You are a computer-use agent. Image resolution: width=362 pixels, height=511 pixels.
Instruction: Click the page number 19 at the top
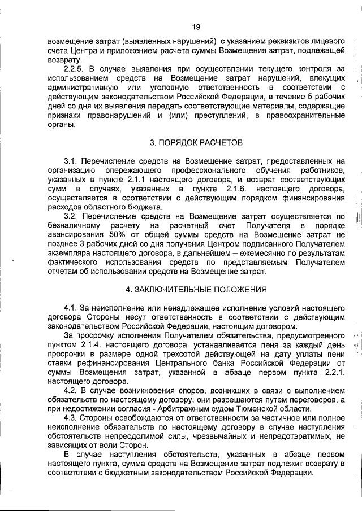(x=196, y=27)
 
